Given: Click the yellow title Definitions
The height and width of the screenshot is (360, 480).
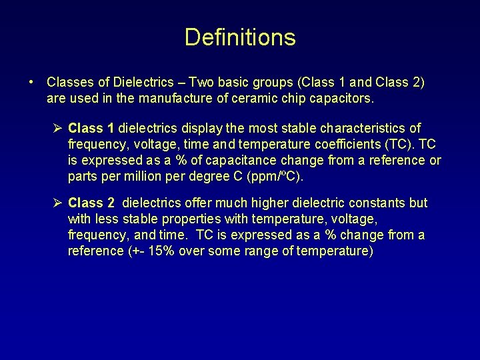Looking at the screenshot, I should (240, 37).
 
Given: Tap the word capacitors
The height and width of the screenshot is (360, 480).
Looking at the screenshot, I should (341, 99).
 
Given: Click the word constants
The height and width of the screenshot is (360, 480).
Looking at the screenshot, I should (375, 203).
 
